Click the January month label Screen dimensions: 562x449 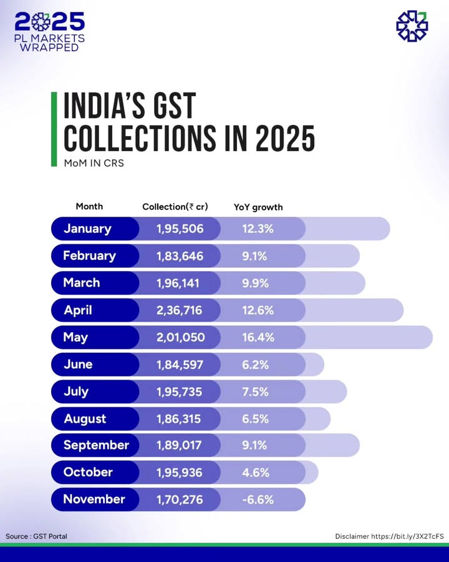tap(87, 229)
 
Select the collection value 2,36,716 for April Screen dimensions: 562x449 tap(180, 310)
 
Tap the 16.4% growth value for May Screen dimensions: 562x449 tap(258, 337)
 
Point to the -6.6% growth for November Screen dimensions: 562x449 tap(258, 500)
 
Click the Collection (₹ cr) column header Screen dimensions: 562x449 tap(175, 207)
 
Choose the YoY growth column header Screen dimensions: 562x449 tap(258, 207)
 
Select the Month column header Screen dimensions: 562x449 tap(89, 206)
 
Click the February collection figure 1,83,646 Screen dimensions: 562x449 tap(180, 256)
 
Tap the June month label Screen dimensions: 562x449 tap(78, 364)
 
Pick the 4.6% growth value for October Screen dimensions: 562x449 tap(256, 473)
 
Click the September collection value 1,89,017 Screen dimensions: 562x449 tap(180, 445)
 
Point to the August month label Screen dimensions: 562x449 tap(85, 418)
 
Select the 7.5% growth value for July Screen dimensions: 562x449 tap(256, 392)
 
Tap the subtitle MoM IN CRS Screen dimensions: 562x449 tap(89, 163)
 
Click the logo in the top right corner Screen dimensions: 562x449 tap(412, 26)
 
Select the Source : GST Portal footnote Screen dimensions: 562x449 tap(36, 536)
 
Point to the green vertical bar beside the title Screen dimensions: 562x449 tap(54, 128)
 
